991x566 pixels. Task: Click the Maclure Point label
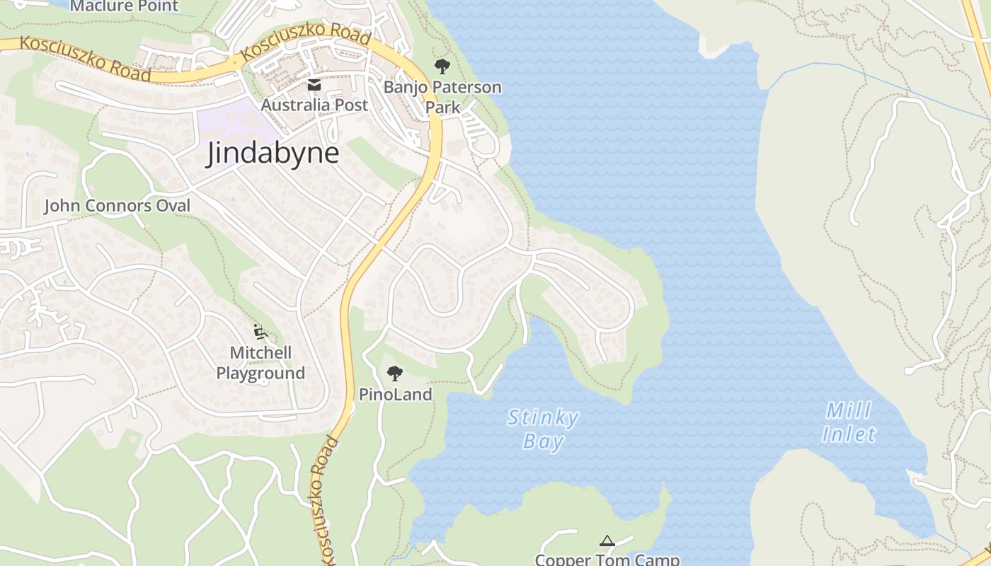pos(125,6)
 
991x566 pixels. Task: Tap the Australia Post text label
pos(314,105)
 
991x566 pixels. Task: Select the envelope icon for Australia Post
pos(314,86)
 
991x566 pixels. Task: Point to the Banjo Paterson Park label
pos(442,97)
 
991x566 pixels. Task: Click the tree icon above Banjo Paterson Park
pos(442,67)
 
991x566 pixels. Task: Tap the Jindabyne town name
pos(273,154)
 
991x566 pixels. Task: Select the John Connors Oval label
pos(118,206)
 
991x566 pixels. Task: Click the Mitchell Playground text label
pos(260,362)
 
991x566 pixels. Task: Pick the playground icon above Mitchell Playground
pos(260,330)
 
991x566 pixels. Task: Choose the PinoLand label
pos(395,395)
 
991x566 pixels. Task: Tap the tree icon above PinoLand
pos(395,373)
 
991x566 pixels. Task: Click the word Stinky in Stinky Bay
pos(543,418)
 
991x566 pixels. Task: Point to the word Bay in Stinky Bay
pos(543,442)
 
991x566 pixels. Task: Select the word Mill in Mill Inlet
pos(849,410)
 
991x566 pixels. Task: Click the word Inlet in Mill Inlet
pos(849,434)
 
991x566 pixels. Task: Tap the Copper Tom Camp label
pos(607,560)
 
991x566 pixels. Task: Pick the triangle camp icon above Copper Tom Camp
pos(607,541)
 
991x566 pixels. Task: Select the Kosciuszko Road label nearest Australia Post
pos(306,42)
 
